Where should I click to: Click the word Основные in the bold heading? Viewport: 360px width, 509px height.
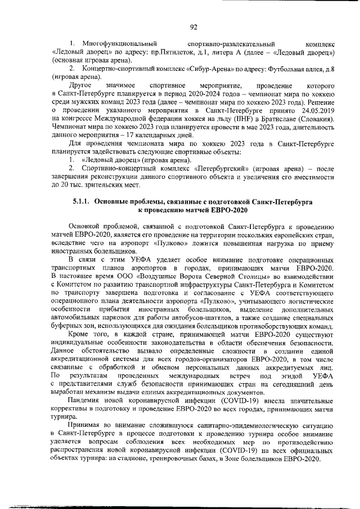coord(114,201)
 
